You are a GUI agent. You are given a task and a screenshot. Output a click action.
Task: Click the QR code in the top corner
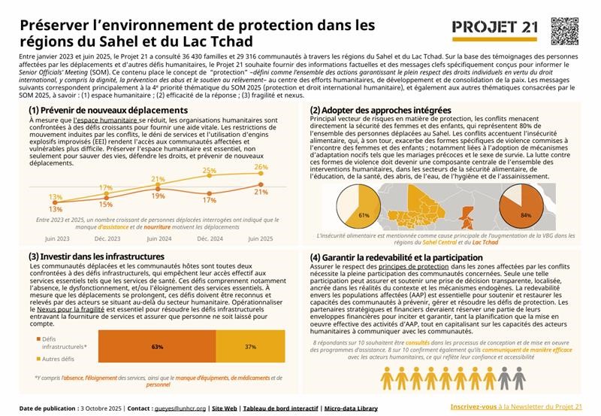tap(566, 30)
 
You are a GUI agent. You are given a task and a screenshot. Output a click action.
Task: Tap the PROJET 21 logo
tap(495, 29)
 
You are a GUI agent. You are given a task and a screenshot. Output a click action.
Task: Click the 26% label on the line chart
tap(261, 167)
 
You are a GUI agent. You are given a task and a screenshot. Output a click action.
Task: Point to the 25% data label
tap(210, 172)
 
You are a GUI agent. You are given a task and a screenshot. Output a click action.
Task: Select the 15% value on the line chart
tap(106, 204)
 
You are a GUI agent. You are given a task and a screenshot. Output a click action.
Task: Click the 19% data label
tap(159, 196)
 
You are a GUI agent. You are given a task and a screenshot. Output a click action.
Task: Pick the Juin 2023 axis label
tap(57, 238)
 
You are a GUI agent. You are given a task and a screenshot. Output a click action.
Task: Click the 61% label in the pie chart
tap(364, 215)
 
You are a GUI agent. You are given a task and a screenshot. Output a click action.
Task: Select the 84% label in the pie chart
tap(526, 215)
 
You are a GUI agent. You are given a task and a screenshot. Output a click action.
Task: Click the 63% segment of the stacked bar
tap(158, 347)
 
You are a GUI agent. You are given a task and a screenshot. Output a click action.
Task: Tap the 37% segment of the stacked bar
tap(251, 347)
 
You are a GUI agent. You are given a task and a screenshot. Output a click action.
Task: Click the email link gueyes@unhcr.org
tap(180, 408)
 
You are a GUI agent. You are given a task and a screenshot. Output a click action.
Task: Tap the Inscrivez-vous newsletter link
tap(476, 406)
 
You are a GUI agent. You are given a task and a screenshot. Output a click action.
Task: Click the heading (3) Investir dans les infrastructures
tap(96, 257)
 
